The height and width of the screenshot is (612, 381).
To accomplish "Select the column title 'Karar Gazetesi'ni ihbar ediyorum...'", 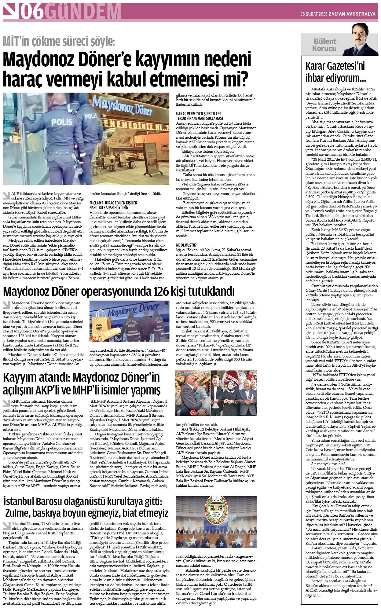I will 335,72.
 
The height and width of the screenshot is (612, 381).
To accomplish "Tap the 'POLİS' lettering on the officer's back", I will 62,122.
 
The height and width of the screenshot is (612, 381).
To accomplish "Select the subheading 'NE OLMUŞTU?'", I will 186,245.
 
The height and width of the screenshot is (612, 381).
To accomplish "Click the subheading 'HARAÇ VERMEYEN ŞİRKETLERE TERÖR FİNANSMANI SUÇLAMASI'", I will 199,116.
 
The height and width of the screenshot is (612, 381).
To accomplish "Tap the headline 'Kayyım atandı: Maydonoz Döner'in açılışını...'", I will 82,384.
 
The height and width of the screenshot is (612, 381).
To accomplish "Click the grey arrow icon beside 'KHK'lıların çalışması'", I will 6,402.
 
